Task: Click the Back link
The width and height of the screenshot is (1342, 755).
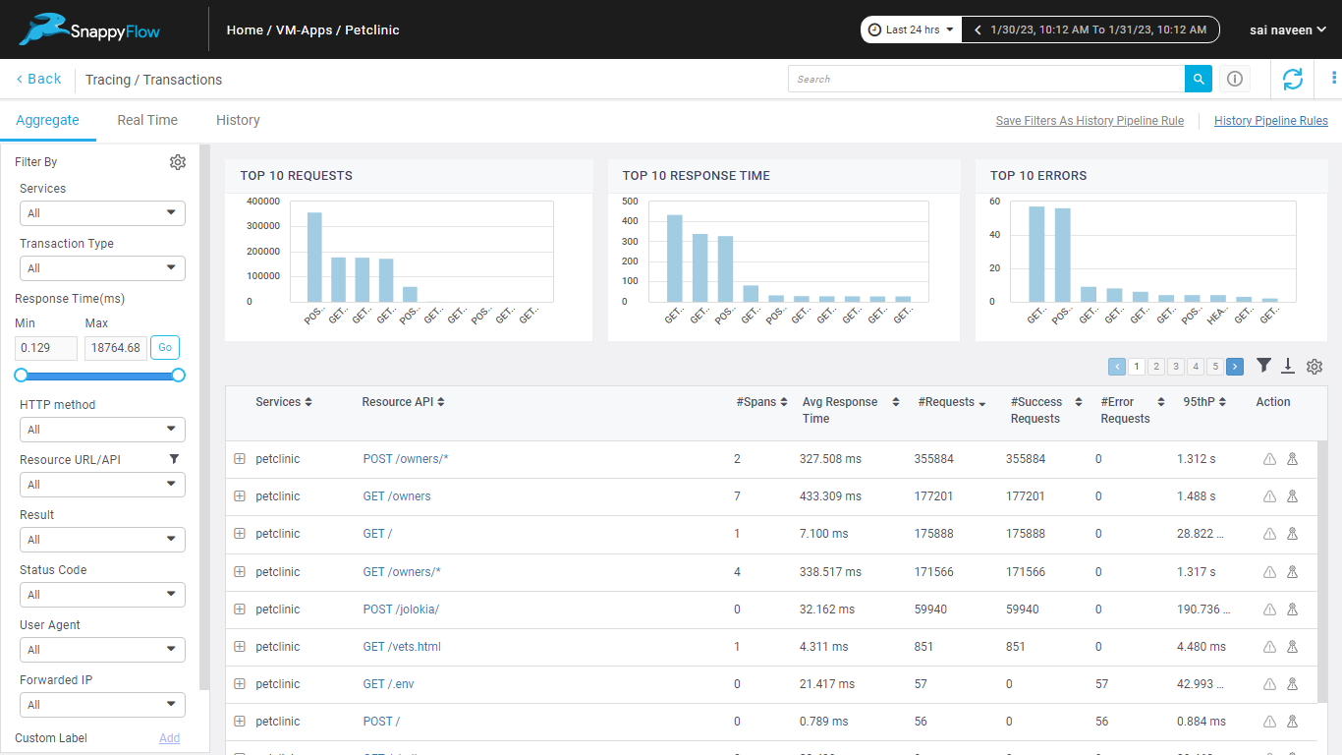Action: click(38, 79)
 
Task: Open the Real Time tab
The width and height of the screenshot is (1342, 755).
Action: click(147, 120)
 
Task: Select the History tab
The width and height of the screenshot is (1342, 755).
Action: click(238, 120)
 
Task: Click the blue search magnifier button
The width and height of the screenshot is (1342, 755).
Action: click(1198, 79)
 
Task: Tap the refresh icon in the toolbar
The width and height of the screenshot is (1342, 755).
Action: click(1292, 79)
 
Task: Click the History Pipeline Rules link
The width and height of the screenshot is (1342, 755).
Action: click(1270, 121)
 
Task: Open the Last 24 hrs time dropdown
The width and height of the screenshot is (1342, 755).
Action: click(911, 29)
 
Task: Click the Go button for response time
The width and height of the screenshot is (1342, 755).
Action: click(165, 347)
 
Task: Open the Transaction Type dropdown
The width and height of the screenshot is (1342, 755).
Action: click(102, 268)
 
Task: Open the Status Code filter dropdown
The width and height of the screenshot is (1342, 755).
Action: click(102, 595)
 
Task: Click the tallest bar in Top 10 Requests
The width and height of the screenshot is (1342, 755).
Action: click(314, 257)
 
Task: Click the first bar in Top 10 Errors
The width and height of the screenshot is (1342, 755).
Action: click(1036, 254)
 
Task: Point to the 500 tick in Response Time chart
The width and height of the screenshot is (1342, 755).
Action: click(630, 202)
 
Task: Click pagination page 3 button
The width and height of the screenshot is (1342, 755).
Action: click(1176, 367)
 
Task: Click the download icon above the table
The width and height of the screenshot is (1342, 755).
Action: click(1288, 366)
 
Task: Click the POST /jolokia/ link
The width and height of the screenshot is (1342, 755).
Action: click(401, 610)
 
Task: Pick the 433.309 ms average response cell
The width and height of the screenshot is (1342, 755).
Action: click(830, 496)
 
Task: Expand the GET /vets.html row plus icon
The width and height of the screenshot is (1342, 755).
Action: click(240, 647)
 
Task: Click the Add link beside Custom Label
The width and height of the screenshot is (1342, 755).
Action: click(169, 738)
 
